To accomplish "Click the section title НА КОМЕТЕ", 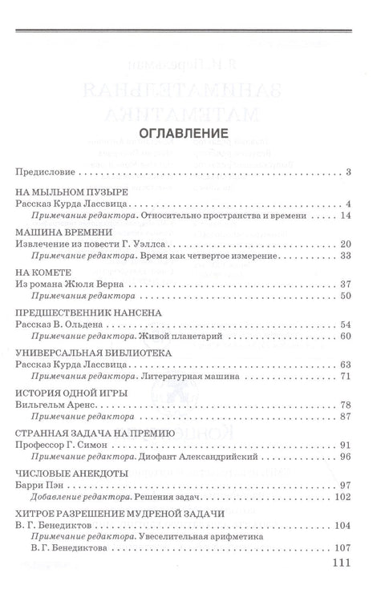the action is (40, 272).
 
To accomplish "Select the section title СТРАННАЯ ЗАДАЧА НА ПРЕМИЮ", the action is (90, 432).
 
